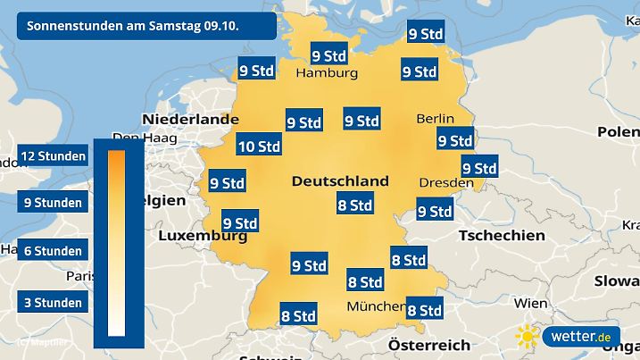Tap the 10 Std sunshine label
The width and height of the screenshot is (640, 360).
point(259,147)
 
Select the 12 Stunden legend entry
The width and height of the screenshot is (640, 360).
point(53,156)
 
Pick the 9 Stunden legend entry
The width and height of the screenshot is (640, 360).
point(53,203)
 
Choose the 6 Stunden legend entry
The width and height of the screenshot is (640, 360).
point(53,251)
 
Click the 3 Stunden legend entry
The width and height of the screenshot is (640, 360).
point(53,303)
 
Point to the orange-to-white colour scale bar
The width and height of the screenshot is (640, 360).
point(116,242)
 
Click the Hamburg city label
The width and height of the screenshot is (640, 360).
point(326,73)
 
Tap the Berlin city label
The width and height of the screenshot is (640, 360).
point(436,119)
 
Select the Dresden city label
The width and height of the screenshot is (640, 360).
point(446,182)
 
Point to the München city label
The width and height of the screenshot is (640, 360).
point(376,306)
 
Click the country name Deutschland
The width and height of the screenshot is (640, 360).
point(340,180)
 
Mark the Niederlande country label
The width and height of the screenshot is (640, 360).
point(190,119)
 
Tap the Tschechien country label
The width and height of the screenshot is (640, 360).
point(501,235)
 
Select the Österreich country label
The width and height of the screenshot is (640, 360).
point(429,345)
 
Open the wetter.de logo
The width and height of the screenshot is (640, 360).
point(580,337)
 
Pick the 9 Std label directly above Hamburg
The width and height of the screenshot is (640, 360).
point(328,54)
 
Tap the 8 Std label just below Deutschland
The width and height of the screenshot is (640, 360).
point(353,205)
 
